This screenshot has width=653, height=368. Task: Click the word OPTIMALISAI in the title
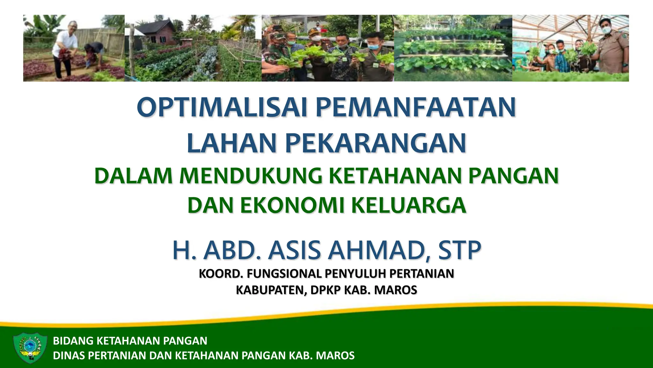tap(222, 107)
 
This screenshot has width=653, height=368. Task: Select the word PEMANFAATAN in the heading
tap(415, 107)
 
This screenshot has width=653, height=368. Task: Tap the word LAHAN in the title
tap(231, 143)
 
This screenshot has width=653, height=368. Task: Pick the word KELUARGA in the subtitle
tap(408, 205)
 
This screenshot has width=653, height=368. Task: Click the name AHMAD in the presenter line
tap(378, 250)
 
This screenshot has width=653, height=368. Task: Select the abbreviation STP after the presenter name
tap(459, 250)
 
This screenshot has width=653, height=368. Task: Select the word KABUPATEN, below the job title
tap(271, 290)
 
